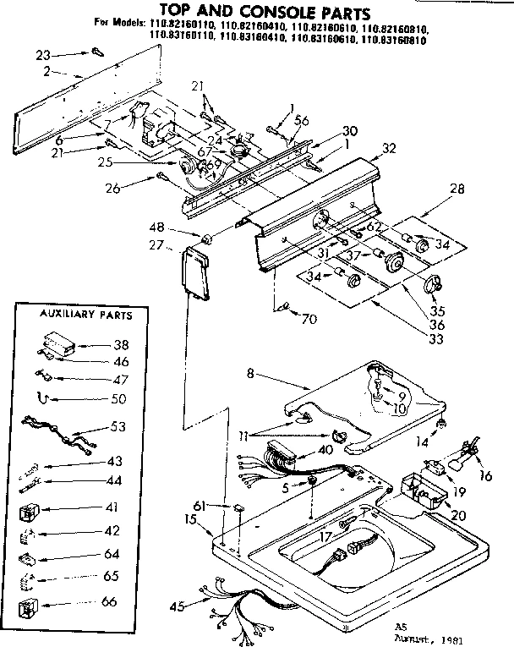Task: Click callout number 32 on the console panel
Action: click(x=389, y=148)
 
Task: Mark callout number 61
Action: click(x=200, y=505)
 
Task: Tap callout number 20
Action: click(x=459, y=516)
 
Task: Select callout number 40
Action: click(x=325, y=450)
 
